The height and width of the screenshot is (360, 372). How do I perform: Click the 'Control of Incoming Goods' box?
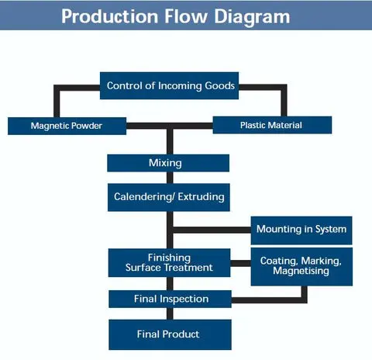(169, 85)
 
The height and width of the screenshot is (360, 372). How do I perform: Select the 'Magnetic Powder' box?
(67, 126)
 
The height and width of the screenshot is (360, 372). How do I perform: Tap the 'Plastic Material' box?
(272, 125)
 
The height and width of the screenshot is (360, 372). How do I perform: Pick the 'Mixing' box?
(168, 163)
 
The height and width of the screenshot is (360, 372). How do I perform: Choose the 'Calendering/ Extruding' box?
(169, 197)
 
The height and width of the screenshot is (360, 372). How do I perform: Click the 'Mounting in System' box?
(301, 230)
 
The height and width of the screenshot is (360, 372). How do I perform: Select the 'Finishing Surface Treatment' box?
(169, 263)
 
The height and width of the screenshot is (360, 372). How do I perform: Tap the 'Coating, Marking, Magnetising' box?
(301, 267)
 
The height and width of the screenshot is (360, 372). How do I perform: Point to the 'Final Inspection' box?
(170, 299)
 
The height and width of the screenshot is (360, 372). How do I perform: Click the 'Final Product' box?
(170, 334)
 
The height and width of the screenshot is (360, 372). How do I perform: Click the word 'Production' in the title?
(110, 16)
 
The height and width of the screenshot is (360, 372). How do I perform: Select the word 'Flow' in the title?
(186, 16)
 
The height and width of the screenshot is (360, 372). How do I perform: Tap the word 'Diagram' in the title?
(252, 17)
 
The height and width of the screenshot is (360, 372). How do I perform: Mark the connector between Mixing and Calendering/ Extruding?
(170, 178)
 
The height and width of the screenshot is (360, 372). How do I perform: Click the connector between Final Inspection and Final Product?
(170, 313)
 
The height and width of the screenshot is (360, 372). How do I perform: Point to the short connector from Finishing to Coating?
(240, 263)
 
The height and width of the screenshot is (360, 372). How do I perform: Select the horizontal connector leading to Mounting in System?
(212, 230)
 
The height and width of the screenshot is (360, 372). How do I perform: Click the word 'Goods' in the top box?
(219, 85)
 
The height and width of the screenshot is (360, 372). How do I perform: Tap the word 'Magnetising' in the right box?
(301, 271)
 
